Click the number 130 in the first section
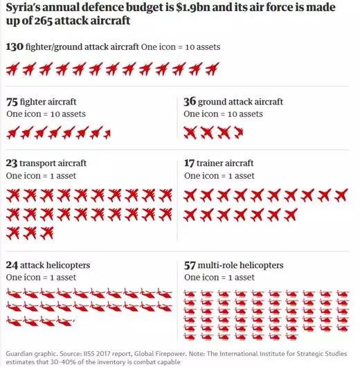[x=15, y=46]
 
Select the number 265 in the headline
[x=44, y=21]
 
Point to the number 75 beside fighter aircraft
[x=12, y=102]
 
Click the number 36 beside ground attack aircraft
[x=190, y=102]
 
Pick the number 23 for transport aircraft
[x=12, y=163]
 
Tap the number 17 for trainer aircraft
[x=189, y=163]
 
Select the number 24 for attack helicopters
[x=12, y=265]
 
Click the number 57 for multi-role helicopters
[x=190, y=265]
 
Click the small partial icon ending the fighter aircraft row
[x=107, y=134]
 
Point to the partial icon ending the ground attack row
[x=239, y=132]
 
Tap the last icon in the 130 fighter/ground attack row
[x=212, y=69]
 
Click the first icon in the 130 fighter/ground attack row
[x=12, y=69]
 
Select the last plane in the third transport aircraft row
[x=46, y=233]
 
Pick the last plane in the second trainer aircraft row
[x=291, y=215]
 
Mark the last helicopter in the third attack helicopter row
[x=66, y=321]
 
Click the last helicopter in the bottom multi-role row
[x=291, y=337]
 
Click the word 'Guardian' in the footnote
[x=16, y=354]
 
